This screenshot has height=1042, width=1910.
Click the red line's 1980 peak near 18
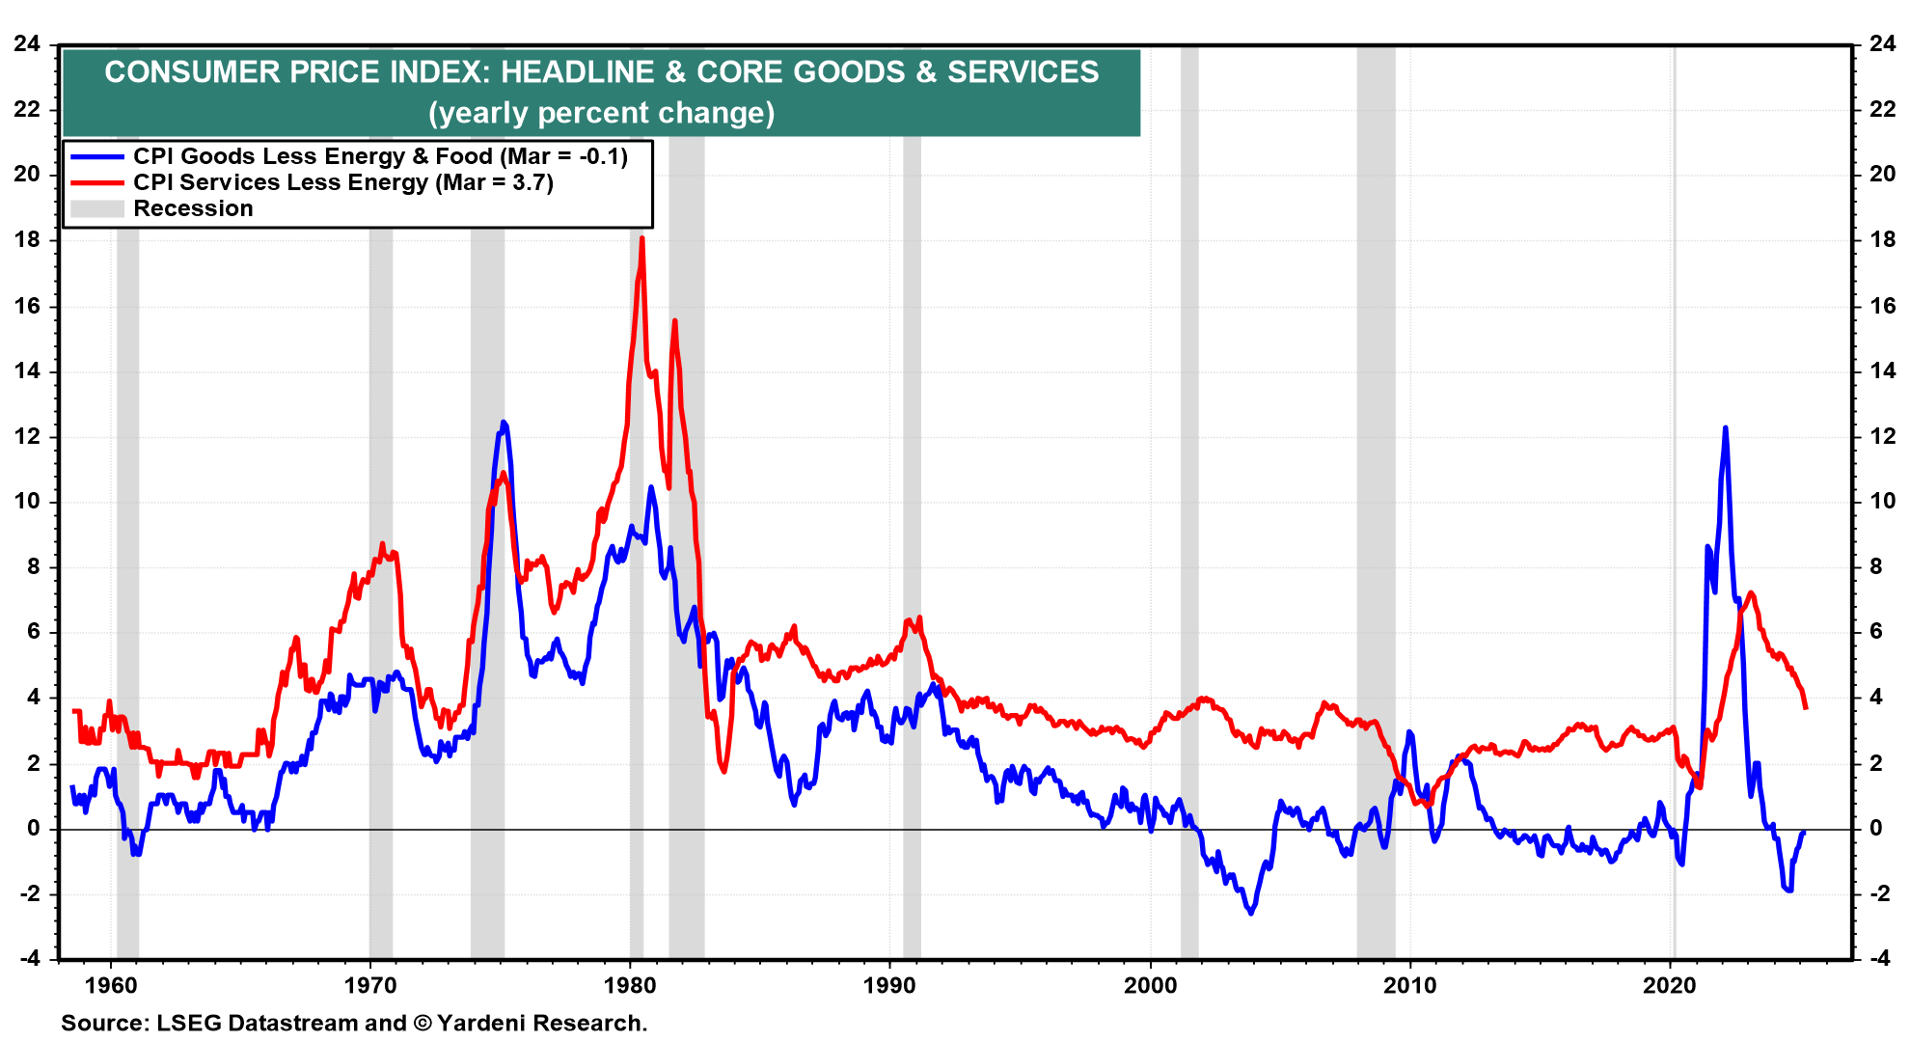[641, 239]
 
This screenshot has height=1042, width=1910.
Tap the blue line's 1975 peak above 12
[503, 423]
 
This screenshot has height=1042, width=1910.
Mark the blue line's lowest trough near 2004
[1251, 912]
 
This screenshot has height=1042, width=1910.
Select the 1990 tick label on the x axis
[889, 985]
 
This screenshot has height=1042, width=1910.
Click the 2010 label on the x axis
[1409, 985]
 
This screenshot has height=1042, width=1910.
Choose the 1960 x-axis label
[111, 985]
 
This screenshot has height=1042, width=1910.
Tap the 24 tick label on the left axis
[27, 43]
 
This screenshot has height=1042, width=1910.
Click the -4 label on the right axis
[1879, 958]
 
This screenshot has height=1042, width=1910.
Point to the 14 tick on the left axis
[27, 370]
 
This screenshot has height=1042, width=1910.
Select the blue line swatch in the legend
[97, 156]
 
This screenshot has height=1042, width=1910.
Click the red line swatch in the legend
[97, 182]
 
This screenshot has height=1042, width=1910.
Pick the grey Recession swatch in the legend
[97, 208]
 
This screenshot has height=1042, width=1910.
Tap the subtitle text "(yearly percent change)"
[601, 113]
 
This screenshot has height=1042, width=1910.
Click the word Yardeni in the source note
[479, 1023]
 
